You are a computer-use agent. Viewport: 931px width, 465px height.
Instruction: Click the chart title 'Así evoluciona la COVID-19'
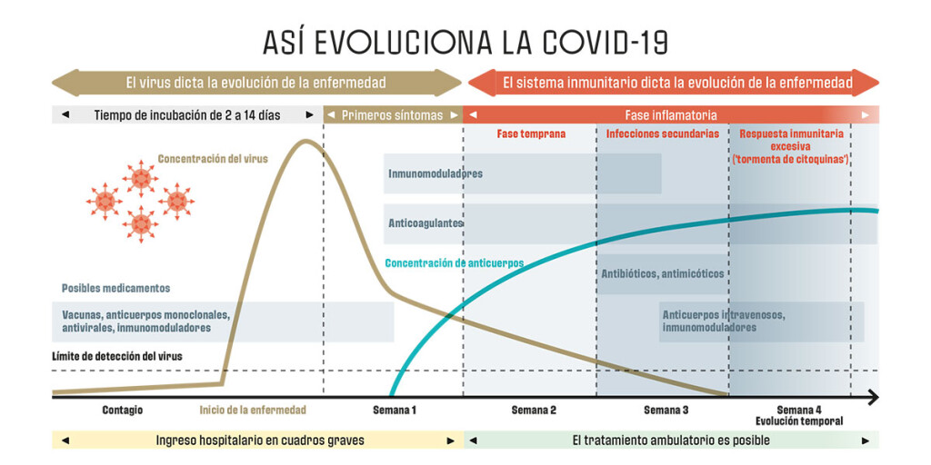(x=465, y=42)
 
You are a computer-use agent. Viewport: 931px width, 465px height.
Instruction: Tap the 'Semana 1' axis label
(x=395, y=411)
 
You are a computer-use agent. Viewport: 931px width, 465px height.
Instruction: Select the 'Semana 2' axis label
(x=534, y=411)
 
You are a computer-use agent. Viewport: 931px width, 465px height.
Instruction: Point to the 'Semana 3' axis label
(x=666, y=411)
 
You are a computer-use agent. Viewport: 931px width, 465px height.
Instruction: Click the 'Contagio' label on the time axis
(x=122, y=411)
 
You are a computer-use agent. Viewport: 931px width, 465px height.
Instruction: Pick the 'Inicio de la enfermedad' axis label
(x=253, y=411)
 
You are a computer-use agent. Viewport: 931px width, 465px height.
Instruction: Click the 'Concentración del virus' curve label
(x=213, y=159)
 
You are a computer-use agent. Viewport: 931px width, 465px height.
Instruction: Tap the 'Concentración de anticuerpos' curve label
(x=455, y=263)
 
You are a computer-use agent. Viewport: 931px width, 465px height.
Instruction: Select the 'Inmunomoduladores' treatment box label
(x=435, y=173)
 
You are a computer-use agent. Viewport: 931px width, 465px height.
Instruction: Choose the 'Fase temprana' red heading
(x=531, y=134)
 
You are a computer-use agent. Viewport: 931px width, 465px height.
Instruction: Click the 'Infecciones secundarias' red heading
(x=663, y=134)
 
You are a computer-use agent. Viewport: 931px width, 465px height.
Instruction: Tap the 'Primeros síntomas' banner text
(x=392, y=115)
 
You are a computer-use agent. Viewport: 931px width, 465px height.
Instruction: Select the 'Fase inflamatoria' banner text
(x=671, y=115)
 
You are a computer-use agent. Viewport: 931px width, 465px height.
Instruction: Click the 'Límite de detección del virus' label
(x=117, y=356)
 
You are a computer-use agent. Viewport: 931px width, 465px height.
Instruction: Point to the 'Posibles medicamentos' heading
(x=115, y=288)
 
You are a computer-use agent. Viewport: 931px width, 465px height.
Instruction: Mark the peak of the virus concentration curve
(x=306, y=141)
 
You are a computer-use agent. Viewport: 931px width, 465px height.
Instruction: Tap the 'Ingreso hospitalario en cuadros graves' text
(x=260, y=440)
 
